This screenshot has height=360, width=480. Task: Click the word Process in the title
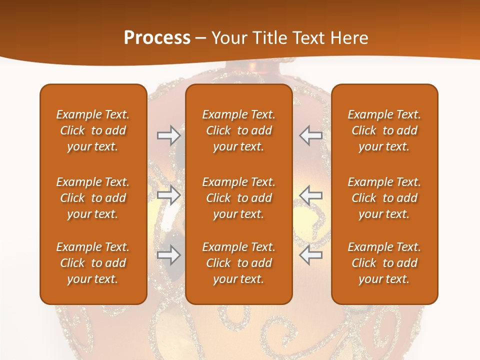point(157,38)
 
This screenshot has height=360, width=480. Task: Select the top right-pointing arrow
point(168,135)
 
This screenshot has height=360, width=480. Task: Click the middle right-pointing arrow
point(168,195)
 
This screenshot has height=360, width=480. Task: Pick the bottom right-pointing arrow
point(168,255)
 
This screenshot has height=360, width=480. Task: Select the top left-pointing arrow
point(311,135)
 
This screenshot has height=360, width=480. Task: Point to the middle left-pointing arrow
point(311,195)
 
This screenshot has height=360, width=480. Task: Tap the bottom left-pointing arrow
point(311,255)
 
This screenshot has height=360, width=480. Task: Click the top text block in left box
point(93,130)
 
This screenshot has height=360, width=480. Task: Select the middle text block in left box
point(93,198)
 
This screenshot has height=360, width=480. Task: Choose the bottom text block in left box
point(93,263)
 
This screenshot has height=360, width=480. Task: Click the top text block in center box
point(238,130)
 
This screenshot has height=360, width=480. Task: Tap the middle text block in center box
point(238,198)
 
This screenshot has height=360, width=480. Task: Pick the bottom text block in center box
point(238,263)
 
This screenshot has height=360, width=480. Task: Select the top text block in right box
point(384,130)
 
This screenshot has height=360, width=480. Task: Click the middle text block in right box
point(384,198)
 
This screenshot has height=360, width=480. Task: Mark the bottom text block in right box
point(384,263)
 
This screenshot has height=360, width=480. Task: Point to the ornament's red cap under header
point(235,72)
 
